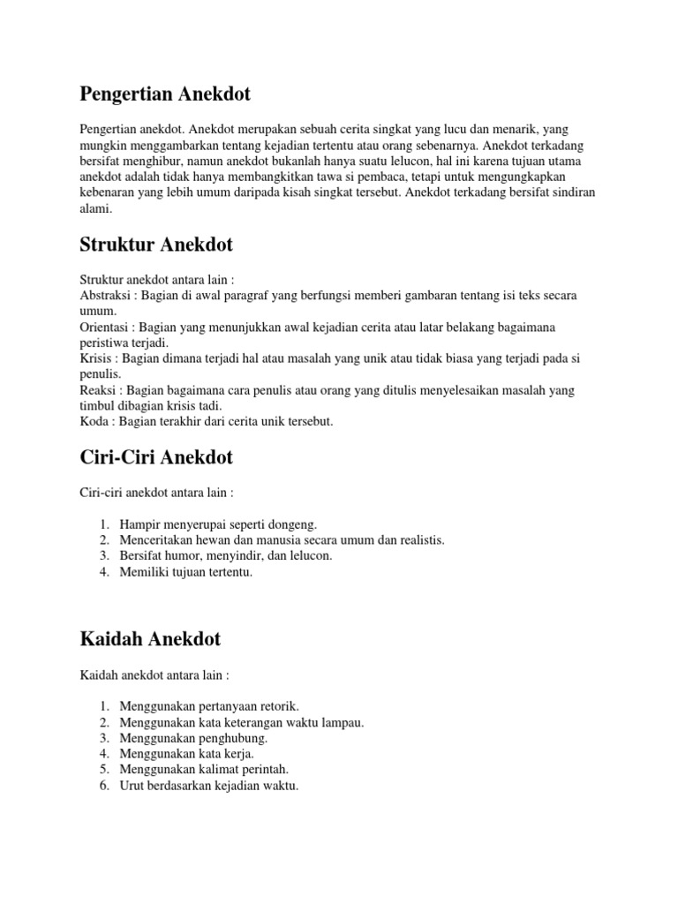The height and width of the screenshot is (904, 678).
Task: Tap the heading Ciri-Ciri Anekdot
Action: (157, 457)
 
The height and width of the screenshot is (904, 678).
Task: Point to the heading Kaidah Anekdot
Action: (150, 638)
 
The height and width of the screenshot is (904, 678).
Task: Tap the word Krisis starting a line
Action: (96, 359)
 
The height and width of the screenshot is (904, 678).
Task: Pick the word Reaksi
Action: (98, 390)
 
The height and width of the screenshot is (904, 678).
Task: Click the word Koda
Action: (94, 422)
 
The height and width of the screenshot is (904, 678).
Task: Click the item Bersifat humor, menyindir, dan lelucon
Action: (225, 556)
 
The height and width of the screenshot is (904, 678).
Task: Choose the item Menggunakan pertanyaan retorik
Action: (209, 705)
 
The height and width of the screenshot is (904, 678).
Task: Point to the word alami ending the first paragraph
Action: (95, 209)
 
